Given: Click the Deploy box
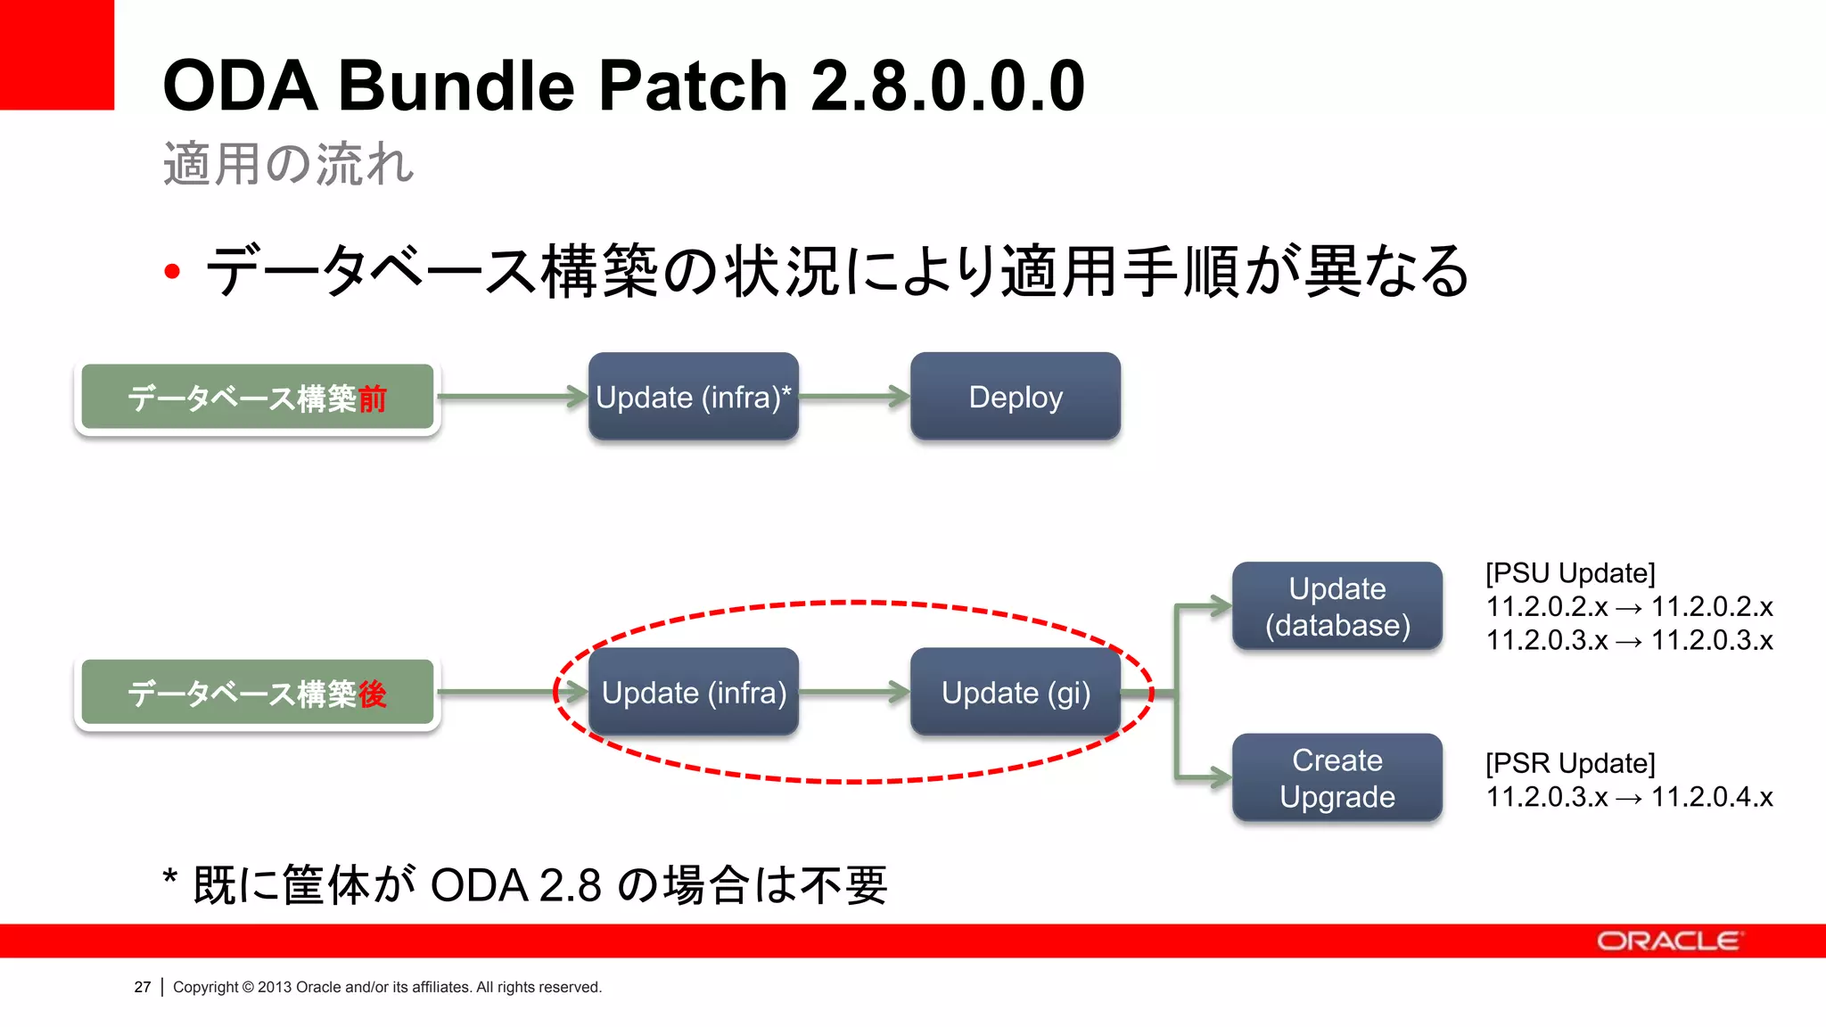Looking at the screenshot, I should pos(1015,397).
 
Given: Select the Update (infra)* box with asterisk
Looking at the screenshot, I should pos(693,397).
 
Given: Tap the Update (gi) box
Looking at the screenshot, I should pos(1015,693).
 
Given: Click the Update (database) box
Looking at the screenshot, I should pos(1337,606).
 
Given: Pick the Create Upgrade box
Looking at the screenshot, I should pos(1337,778).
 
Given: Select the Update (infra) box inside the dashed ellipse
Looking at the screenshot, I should pos(693,693).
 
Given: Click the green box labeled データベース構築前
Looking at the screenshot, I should pos(257,398).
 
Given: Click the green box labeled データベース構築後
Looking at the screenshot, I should pos(257,694).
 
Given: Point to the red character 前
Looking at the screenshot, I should pos(372,398).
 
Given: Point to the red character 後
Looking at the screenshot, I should pos(372,694).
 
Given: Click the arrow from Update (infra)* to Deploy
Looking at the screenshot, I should pos(854,397).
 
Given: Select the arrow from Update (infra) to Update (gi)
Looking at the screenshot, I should pos(854,692).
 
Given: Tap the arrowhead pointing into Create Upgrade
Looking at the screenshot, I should pos(1220,777).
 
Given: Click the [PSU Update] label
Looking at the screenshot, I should pos(1569,573).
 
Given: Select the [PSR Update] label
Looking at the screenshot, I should pos(1569,763).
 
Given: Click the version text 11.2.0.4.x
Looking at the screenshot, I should pos(1712,797).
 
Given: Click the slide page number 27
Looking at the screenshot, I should pos(143,987).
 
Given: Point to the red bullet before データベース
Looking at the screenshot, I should pos(173,272).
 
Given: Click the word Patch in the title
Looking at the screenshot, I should pos(692,86).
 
